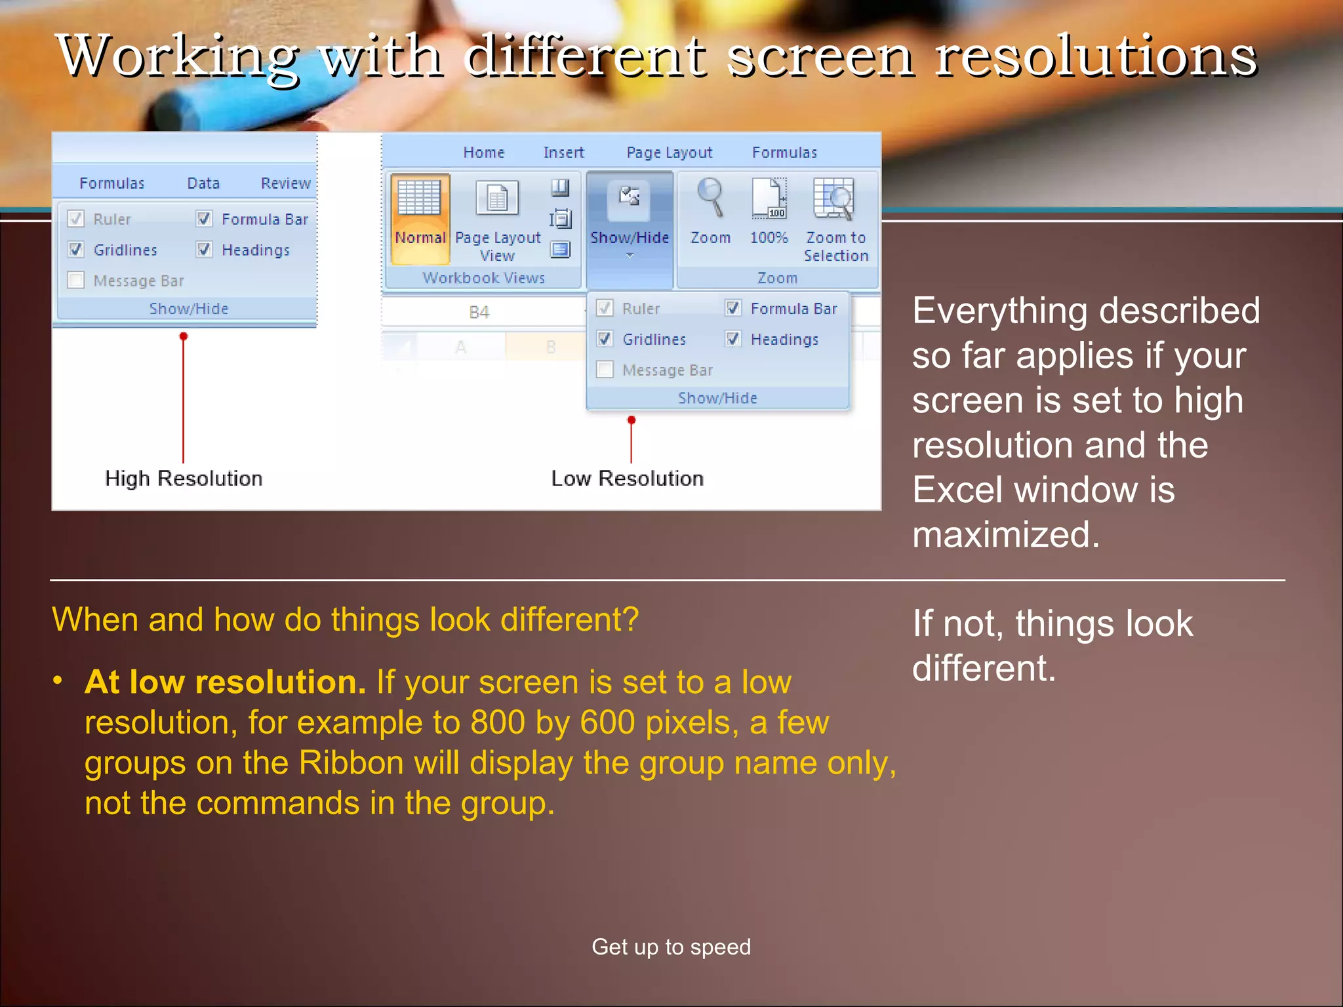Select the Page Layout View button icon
pos(497,198)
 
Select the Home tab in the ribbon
pos(484,153)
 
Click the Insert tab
pos(563,153)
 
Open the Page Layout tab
pos(669,153)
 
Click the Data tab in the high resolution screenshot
pos(203,184)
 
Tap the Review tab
pos(285,184)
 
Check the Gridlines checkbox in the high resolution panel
pos(76,250)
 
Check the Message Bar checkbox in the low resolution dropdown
pos(605,370)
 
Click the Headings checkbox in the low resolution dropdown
pos(733,339)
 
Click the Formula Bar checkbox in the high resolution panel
pos(205,219)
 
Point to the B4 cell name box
pos(479,313)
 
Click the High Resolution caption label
pos(184,479)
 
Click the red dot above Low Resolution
pos(631,420)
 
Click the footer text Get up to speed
pos(671,947)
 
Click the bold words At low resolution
pos(225,682)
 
